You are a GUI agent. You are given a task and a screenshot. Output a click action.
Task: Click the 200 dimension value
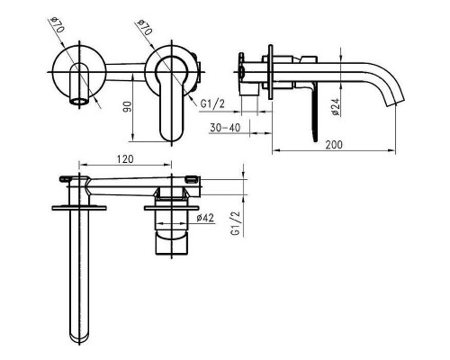click(x=334, y=145)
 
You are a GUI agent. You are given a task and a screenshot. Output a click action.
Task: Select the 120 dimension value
click(x=125, y=159)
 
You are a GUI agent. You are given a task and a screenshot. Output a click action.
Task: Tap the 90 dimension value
click(x=128, y=107)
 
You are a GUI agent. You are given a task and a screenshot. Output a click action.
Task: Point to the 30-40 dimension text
click(x=225, y=128)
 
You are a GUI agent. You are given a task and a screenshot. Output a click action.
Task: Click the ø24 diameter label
click(x=336, y=106)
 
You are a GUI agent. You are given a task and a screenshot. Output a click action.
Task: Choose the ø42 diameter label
click(x=205, y=218)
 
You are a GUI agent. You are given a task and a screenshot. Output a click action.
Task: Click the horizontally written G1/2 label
click(x=212, y=103)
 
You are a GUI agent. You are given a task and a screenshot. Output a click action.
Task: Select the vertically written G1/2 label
click(x=236, y=223)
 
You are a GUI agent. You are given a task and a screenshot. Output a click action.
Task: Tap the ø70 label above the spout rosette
click(x=57, y=25)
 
